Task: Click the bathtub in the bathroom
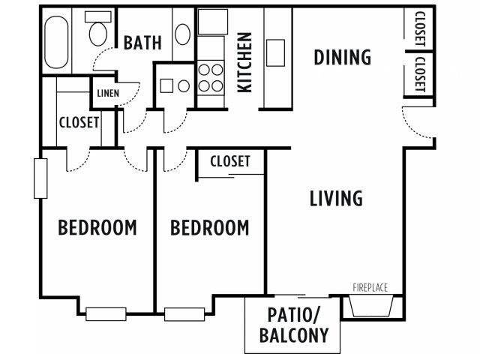(x=56, y=42)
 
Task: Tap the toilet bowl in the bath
(x=98, y=34)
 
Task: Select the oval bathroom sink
(x=183, y=34)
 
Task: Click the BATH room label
(x=142, y=43)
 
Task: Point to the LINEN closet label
(x=108, y=93)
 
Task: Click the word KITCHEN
(x=245, y=62)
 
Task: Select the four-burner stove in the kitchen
(x=211, y=78)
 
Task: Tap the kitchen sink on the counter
(x=275, y=52)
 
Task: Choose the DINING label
(x=343, y=57)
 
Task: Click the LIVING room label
(x=336, y=198)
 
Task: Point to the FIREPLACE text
(x=370, y=288)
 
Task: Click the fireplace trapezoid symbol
(x=371, y=306)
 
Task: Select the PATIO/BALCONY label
(x=293, y=325)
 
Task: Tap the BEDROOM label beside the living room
(x=210, y=228)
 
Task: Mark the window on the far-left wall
(x=40, y=178)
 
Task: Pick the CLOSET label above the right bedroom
(x=230, y=161)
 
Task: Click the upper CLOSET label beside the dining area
(x=420, y=28)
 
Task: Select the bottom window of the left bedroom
(x=106, y=314)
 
